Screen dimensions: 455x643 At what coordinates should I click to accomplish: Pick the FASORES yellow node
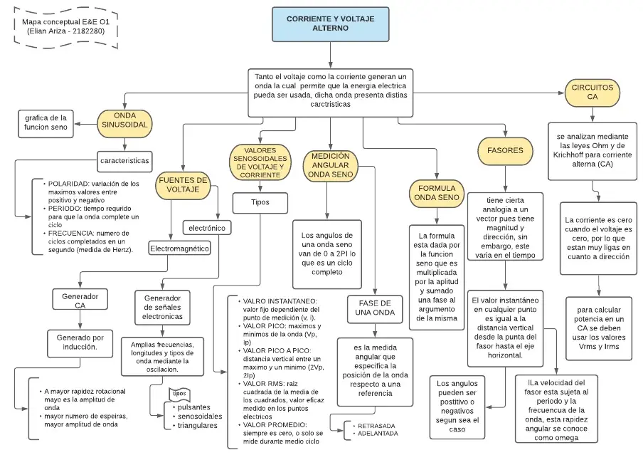[505, 150]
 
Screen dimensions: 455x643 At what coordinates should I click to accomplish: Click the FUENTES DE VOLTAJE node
[184, 185]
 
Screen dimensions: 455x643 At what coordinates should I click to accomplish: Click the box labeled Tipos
[260, 202]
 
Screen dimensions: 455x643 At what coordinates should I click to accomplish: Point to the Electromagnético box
[179, 249]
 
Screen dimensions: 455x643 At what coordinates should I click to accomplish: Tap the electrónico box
[207, 228]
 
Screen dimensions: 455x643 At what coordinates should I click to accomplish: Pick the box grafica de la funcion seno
[46, 123]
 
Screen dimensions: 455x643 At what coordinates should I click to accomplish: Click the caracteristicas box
[124, 161]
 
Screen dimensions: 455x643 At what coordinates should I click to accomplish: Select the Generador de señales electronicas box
[162, 306]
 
